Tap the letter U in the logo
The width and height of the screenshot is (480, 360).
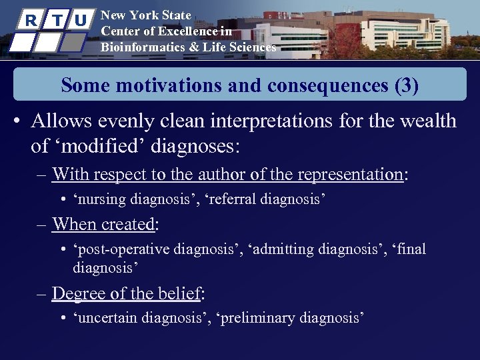point(79,20)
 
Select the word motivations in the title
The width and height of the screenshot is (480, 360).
point(153,85)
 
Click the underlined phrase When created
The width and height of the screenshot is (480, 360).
point(103,224)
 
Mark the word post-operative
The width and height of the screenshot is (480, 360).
point(124,249)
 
